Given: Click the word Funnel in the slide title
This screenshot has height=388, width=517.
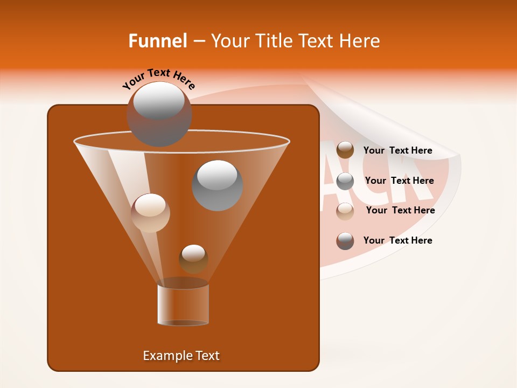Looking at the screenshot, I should (157, 41).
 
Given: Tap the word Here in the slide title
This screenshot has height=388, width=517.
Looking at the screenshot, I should (360, 41).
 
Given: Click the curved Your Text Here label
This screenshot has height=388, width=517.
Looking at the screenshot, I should (159, 78).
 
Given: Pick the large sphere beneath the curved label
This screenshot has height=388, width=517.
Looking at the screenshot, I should (159, 114).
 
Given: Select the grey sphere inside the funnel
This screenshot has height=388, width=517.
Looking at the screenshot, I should (217, 185).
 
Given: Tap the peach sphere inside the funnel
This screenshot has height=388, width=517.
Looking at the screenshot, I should (150, 213).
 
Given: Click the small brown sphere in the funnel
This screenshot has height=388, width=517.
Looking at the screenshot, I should (193, 259).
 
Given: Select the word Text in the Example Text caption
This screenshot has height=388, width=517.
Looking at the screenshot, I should (207, 356).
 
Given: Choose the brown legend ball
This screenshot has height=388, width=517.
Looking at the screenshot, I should (345, 150).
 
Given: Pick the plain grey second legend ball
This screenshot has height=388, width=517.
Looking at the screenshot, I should (345, 181).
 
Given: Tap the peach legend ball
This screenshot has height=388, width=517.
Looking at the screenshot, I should (345, 211).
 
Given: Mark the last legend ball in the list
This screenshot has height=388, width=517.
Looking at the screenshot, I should (345, 241).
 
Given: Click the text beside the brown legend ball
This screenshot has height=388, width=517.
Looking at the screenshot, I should (398, 151).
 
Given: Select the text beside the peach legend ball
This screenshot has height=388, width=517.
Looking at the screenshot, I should (400, 210).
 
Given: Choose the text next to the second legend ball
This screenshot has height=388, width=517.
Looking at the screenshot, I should (399, 181).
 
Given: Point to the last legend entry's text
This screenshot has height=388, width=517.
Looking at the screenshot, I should (398, 240).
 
